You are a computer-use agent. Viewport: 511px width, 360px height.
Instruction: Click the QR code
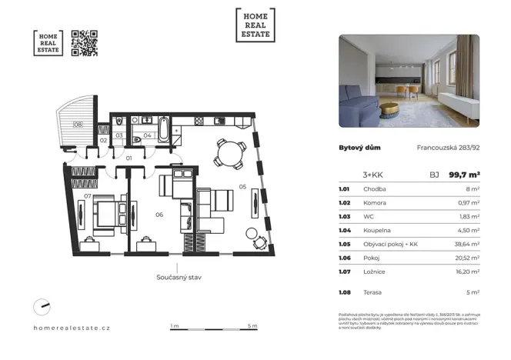pyautogui.click(x=84, y=43)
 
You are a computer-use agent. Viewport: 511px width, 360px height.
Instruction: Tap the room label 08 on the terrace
pyautogui.click(x=78, y=125)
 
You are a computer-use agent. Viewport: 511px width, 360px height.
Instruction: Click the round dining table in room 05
pyautogui.click(x=230, y=152)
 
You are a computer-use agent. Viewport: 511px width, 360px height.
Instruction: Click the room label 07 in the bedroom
pyautogui.click(x=89, y=197)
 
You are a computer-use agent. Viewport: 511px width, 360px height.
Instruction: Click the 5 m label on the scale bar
pyautogui.click(x=252, y=326)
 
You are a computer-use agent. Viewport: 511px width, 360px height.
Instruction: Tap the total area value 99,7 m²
pyautogui.click(x=465, y=175)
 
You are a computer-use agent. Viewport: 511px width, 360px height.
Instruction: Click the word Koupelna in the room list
pyautogui.click(x=375, y=228)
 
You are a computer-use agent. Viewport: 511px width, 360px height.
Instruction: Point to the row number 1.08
pyautogui.click(x=345, y=292)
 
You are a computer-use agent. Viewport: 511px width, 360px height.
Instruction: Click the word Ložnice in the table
pyautogui.click(x=372, y=271)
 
